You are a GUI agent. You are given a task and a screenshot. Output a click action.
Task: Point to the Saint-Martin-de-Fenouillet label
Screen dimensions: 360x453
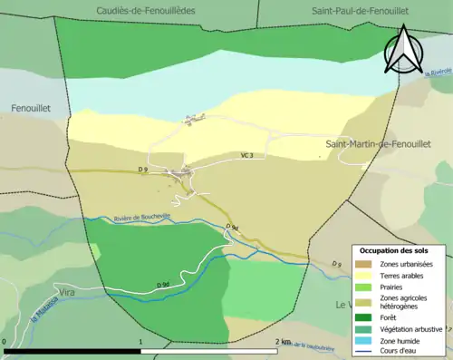point(380,144)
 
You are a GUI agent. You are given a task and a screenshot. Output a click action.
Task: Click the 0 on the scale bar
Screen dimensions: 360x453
point(5,342)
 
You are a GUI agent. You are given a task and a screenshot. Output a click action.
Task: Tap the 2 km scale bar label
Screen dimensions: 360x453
point(283,342)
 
